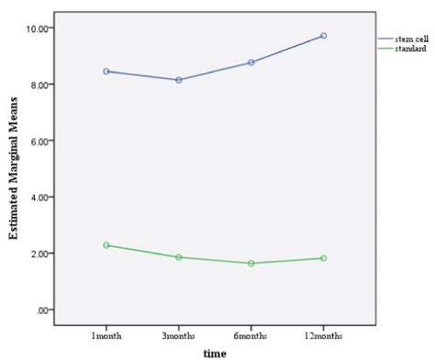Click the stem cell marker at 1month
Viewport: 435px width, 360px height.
click(x=107, y=71)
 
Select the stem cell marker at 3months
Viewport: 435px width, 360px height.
click(x=179, y=80)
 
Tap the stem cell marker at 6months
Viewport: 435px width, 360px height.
click(x=251, y=62)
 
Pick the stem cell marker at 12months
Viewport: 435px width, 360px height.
click(x=323, y=36)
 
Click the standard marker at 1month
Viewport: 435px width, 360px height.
click(x=107, y=245)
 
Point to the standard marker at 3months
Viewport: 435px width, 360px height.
click(x=179, y=257)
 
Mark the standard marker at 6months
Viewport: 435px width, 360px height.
click(x=251, y=264)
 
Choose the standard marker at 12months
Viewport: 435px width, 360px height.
click(x=323, y=258)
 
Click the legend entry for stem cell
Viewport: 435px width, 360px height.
click(x=406, y=39)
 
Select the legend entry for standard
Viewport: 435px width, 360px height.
click(x=405, y=48)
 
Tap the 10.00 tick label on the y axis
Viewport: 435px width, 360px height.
click(x=39, y=28)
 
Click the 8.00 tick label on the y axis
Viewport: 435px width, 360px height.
click(x=41, y=84)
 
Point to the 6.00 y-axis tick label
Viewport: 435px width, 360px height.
click(x=41, y=141)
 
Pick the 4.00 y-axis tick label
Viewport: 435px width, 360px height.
click(x=41, y=197)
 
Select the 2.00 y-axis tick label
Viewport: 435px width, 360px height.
click(x=41, y=253)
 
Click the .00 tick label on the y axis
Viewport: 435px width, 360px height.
click(x=44, y=309)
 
